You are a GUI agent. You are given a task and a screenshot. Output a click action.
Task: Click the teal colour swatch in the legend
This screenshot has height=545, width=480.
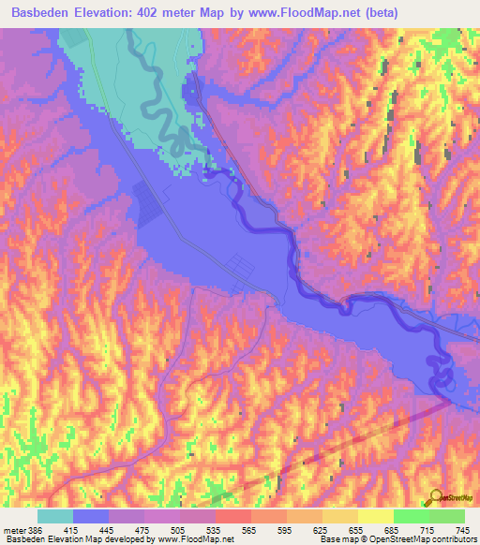point(55,516)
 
